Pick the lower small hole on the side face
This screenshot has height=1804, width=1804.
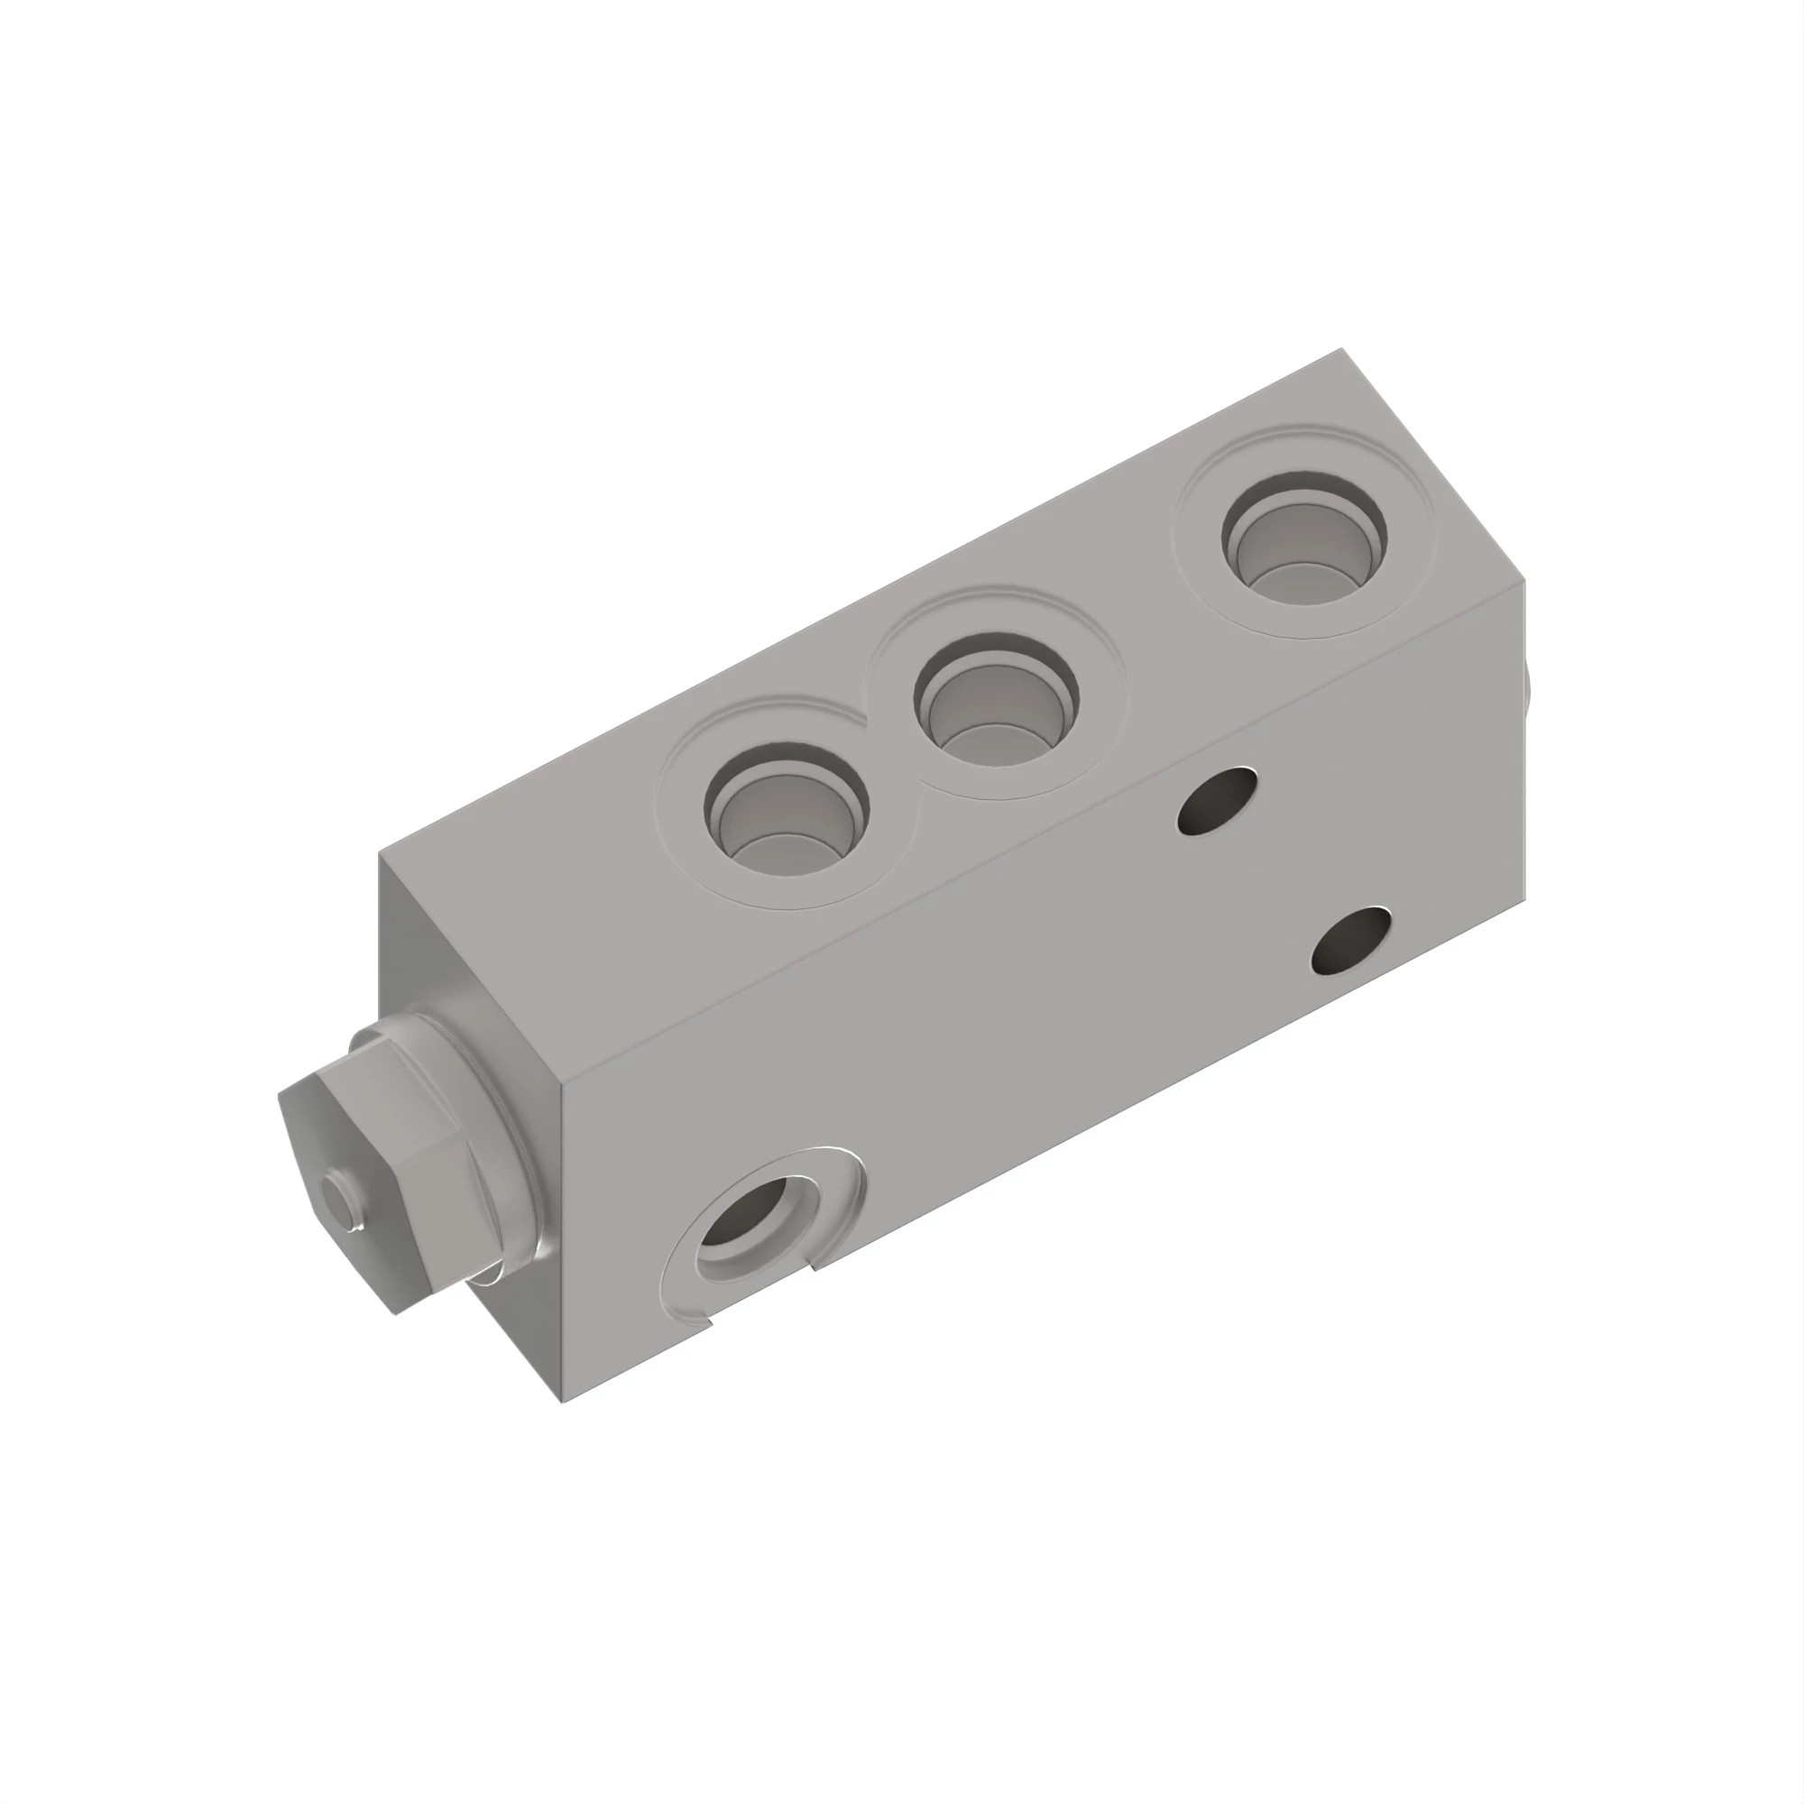point(1350,940)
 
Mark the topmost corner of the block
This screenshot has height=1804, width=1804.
point(1343,349)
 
